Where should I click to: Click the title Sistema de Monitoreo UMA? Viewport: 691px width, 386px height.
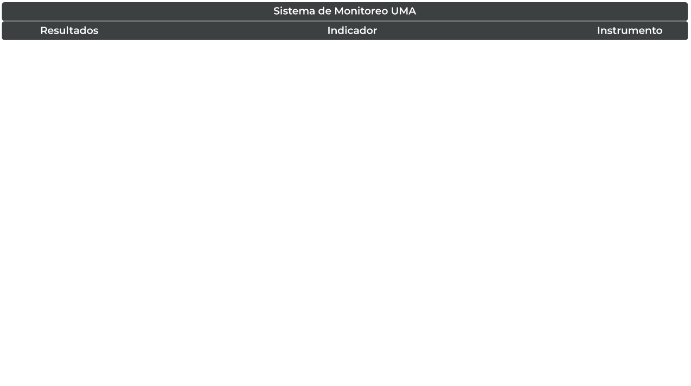click(x=344, y=11)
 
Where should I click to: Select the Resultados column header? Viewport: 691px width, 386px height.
click(x=69, y=30)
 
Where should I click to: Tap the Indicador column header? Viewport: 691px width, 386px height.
click(x=351, y=30)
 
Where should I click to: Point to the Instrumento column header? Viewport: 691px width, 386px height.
click(x=629, y=30)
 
